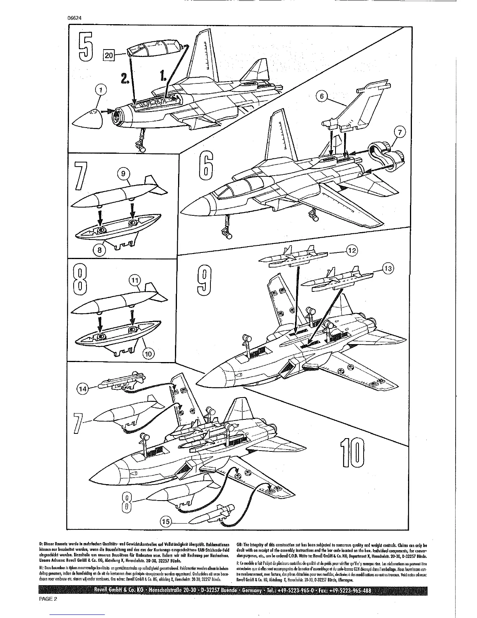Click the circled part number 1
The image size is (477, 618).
click(x=101, y=91)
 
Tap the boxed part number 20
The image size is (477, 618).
click(x=109, y=55)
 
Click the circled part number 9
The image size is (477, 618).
click(x=124, y=174)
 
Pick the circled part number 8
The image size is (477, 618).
click(x=100, y=250)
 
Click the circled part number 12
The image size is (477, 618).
click(x=352, y=250)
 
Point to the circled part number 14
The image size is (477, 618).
click(x=83, y=388)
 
